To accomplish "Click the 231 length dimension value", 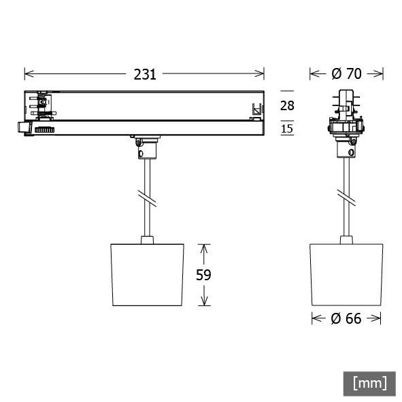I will pos(144,74).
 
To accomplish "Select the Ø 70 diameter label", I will pos(346,74).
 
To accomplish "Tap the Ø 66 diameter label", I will pos(346,318).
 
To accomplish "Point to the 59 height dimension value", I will pos(203,274).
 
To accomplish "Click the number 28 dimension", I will pos(288,105).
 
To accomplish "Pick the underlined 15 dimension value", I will pos(288,129).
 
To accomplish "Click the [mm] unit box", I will pos(369,383).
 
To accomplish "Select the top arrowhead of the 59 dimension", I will pos(203,247).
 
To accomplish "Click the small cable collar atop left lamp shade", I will pos(146,239).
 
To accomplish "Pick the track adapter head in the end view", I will pos(346,116).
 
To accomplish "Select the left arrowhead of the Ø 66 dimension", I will pos(315,318).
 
